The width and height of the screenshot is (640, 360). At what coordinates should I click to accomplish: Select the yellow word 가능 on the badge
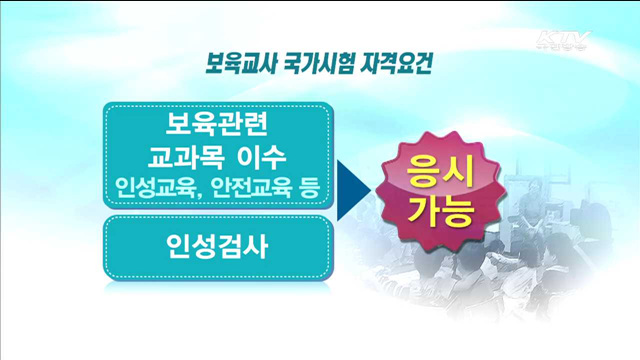point(440,212)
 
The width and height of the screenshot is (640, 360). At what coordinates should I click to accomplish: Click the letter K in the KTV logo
point(546,41)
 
